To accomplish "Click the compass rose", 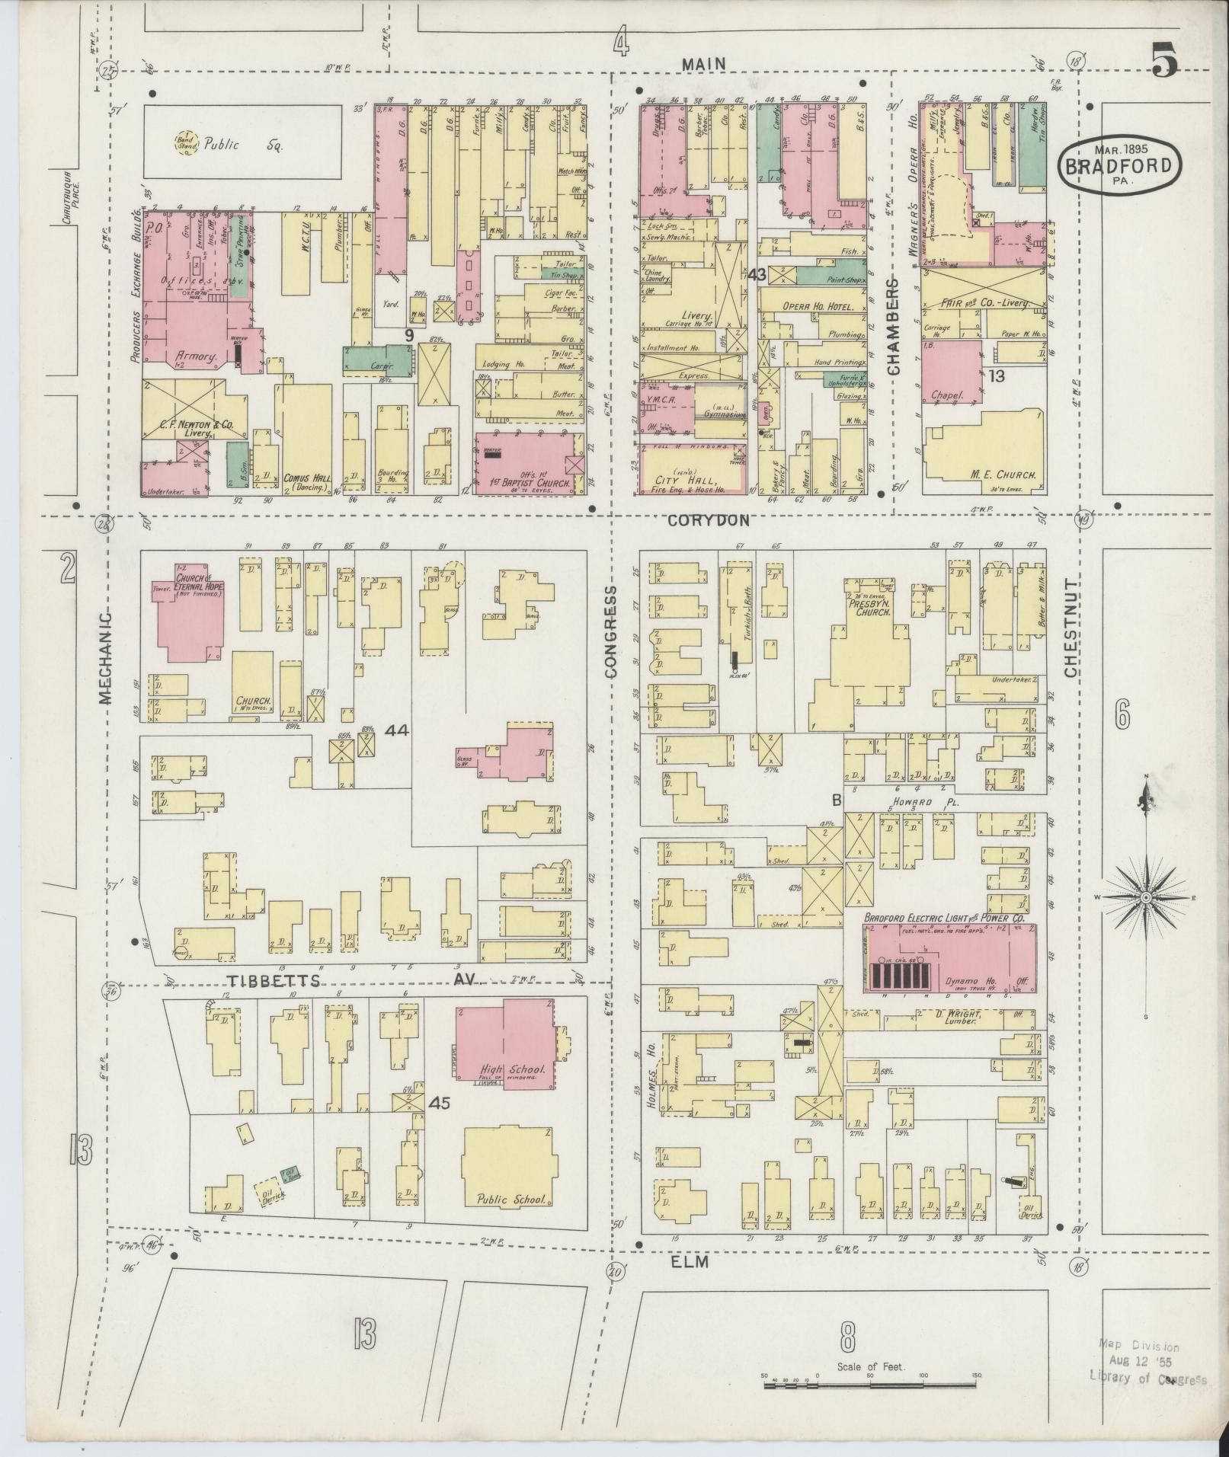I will tap(1145, 898).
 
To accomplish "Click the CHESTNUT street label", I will tap(1071, 628).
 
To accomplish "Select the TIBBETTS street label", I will tap(271, 980).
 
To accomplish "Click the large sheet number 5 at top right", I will tap(1163, 60).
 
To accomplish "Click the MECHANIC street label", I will tap(105, 655).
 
